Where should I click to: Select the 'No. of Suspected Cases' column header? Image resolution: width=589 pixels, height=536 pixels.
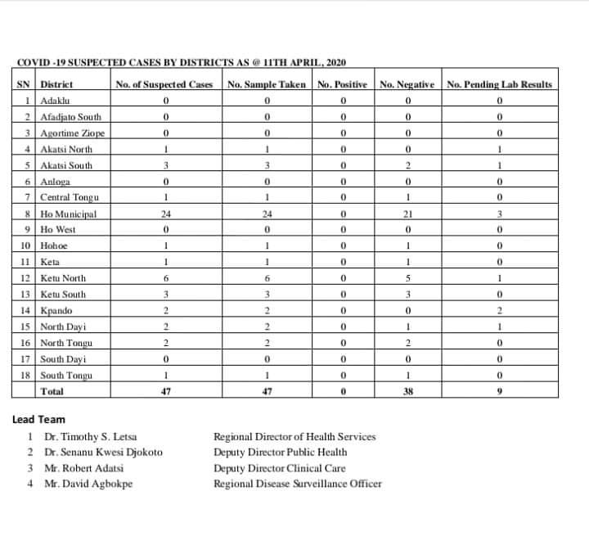(x=164, y=84)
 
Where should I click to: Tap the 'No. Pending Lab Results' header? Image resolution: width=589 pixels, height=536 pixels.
(x=499, y=84)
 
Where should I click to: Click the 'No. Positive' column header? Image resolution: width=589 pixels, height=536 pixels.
(x=344, y=84)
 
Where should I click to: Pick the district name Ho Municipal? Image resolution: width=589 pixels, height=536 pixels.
(x=69, y=214)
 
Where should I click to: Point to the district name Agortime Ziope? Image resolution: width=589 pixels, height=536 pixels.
(x=73, y=133)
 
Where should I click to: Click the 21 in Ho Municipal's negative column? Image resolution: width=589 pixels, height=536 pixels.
(x=407, y=214)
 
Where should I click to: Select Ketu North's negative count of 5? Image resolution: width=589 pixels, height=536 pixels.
(x=407, y=278)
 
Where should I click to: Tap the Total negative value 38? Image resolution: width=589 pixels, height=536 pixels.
(x=407, y=392)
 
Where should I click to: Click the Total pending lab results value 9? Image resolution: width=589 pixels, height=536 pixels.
(x=499, y=392)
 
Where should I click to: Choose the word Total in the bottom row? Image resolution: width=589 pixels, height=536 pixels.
(x=54, y=392)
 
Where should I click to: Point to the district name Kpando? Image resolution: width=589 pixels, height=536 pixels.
(x=56, y=311)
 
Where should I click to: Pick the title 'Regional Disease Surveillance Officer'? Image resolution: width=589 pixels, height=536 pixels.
(x=297, y=484)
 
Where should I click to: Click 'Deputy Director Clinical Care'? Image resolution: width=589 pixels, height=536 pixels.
(x=279, y=468)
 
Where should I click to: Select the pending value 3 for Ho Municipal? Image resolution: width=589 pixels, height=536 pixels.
(x=499, y=214)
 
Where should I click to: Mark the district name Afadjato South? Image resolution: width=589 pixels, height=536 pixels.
(x=72, y=117)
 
